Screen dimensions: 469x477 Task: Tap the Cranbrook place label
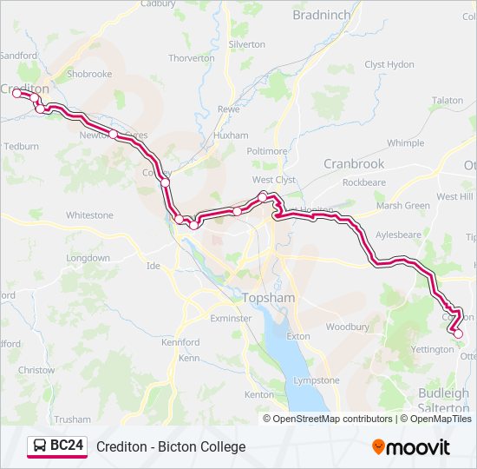354,163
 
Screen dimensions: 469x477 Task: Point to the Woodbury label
347,327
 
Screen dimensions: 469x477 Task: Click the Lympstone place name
317,380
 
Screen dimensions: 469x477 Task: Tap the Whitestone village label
89,215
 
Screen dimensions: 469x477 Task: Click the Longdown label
88,258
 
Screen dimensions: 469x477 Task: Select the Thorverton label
191,58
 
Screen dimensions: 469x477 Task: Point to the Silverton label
246,43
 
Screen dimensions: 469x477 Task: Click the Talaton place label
448,101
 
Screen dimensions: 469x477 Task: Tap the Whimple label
405,143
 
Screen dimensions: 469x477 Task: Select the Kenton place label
258,394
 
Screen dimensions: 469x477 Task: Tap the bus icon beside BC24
40,446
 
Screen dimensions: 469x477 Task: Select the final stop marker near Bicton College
458,334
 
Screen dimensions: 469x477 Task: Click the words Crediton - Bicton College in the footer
171,446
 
